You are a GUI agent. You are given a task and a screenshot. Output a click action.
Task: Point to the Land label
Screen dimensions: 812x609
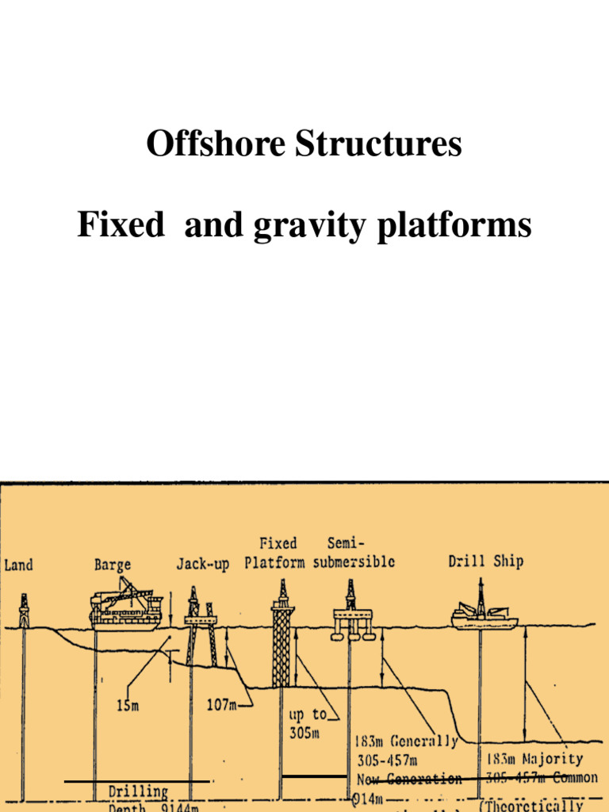point(19,565)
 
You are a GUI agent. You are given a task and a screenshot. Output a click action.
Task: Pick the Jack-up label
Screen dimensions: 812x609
point(202,565)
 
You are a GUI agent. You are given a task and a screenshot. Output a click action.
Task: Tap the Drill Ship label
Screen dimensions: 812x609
point(485,562)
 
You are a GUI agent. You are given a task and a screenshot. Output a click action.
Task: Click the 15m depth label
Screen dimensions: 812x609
point(127,706)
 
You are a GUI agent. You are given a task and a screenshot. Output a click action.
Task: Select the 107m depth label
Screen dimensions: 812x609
point(223,705)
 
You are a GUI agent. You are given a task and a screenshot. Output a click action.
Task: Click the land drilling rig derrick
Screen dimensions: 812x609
point(24,611)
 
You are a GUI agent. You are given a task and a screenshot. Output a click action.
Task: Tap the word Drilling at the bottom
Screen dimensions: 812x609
point(138,791)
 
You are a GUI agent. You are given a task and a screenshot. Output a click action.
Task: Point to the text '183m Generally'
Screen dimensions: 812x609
point(406,743)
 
